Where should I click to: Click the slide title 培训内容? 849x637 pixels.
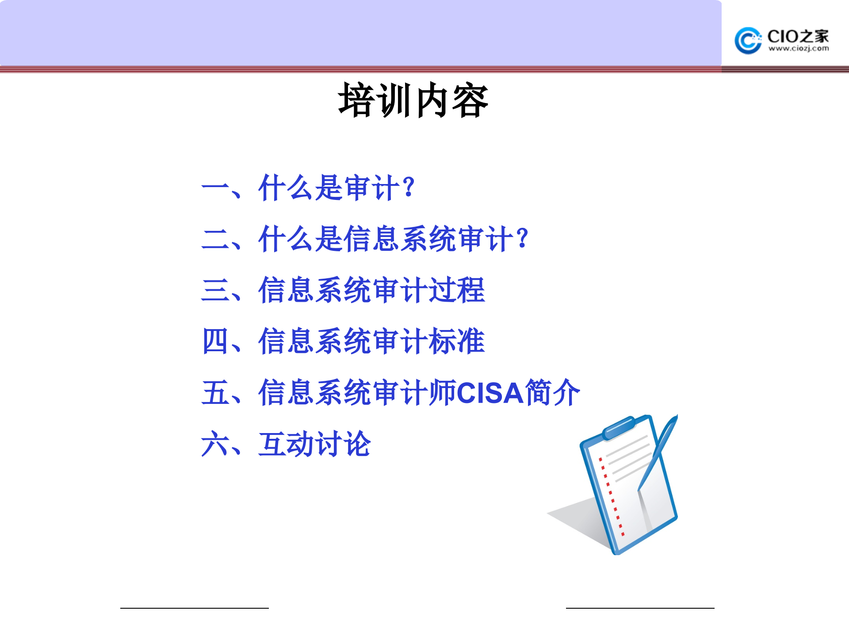413,101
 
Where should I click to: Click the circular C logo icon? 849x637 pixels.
747,41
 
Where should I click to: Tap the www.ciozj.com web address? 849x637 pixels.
798,48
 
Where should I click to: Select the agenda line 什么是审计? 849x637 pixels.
336,188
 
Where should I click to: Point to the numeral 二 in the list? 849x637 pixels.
215,239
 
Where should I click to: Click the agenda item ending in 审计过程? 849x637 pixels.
371,290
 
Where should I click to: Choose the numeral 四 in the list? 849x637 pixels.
215,342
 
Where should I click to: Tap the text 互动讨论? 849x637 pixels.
314,444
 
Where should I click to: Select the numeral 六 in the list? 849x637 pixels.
215,444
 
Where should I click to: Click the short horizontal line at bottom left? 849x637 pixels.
194,608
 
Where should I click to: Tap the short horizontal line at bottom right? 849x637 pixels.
640,608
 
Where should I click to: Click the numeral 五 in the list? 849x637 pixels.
215,393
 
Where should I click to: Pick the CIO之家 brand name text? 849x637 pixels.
798,36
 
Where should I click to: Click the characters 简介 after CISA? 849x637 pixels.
552,393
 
